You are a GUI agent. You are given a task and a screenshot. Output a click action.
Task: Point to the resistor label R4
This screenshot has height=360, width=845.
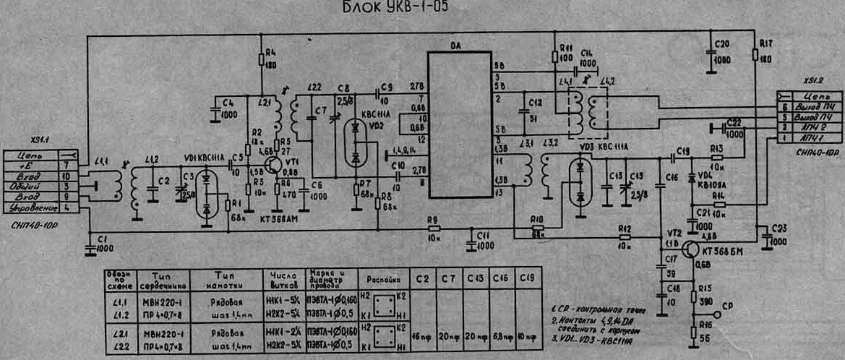tap(270, 53)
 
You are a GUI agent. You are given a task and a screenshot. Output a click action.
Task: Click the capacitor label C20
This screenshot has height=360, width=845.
tap(721, 44)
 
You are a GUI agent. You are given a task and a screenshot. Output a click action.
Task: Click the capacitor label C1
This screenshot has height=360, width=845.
tap(101, 239)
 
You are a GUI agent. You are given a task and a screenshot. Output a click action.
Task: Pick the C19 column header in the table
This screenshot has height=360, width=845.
tap(528, 277)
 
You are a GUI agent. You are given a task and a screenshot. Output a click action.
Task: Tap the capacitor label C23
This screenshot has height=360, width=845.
tap(779, 228)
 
